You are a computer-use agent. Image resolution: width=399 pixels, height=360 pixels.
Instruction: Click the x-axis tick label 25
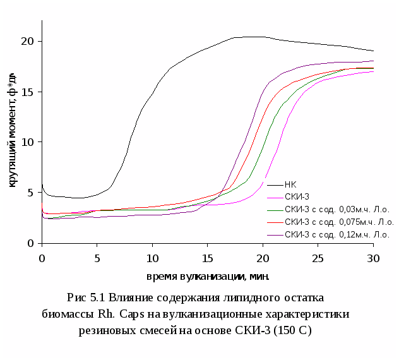coord(318,258)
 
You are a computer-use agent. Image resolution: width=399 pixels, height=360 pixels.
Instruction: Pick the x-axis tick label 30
coord(373,258)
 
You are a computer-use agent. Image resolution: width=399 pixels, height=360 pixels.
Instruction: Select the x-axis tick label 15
coord(208,258)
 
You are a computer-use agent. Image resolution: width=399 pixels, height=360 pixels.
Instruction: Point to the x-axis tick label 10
coord(152,258)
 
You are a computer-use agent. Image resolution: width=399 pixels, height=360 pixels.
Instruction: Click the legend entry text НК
coord(290,185)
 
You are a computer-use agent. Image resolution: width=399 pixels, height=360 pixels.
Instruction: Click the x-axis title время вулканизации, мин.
coord(208,276)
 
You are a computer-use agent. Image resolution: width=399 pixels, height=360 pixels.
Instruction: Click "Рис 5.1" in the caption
coord(86,298)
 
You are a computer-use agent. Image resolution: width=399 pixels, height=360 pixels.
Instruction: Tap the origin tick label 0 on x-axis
coord(42,258)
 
